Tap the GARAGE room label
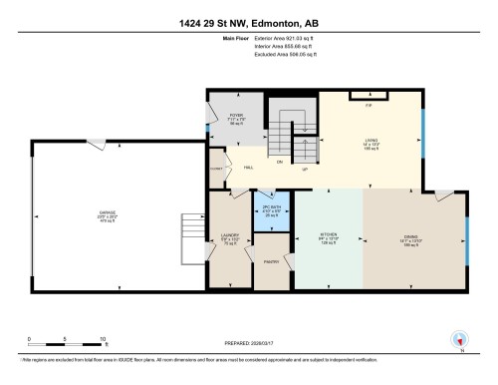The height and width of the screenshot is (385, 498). click(107, 212)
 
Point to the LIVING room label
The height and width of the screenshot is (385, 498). click(371, 142)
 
